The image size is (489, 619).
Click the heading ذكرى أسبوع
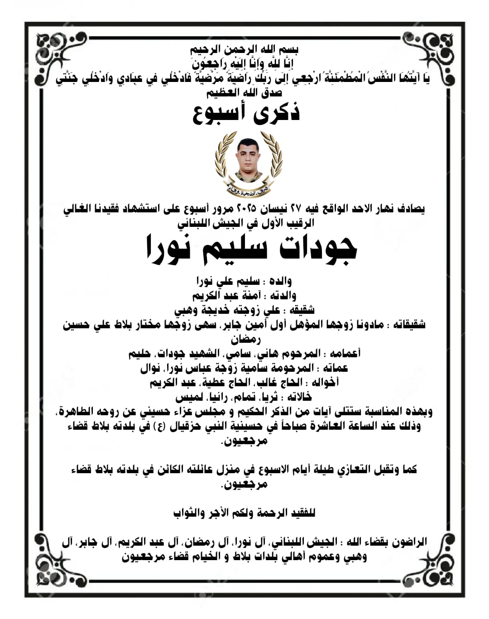tap(246, 114)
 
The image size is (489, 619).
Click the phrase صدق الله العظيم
tap(244, 93)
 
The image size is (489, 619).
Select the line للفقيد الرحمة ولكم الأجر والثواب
tap(244, 513)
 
